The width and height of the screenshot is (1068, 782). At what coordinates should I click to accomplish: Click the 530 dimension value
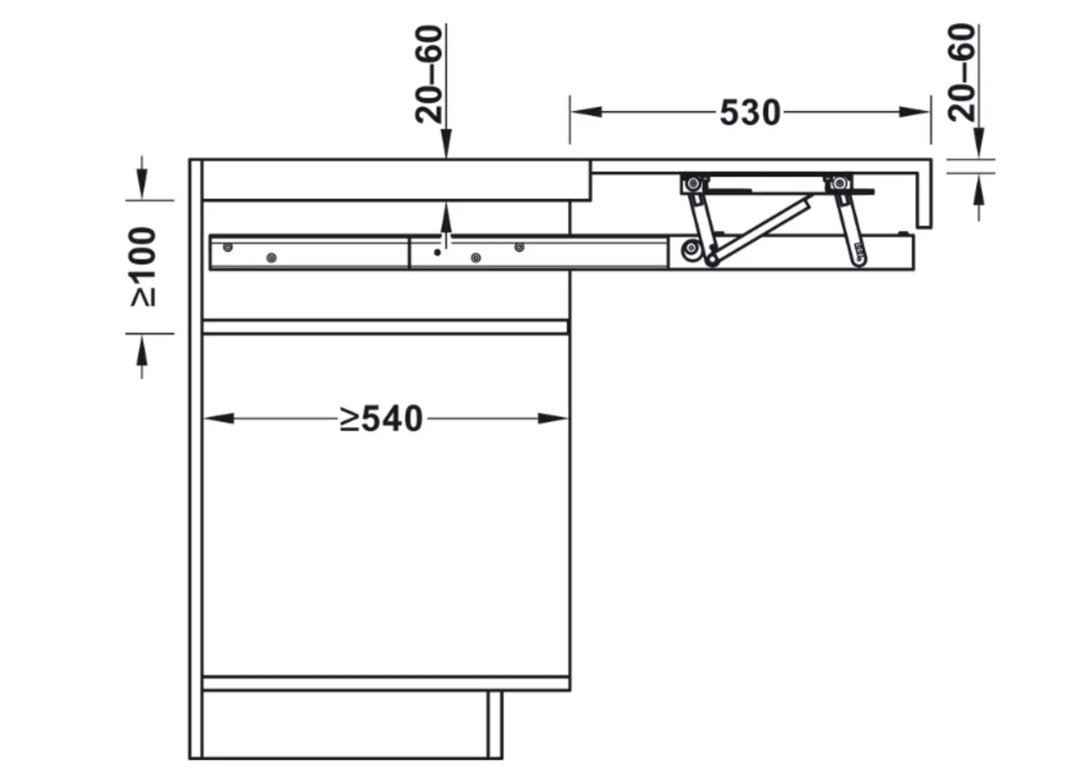[750, 113]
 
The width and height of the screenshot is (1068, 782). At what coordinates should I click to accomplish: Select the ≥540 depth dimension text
[382, 419]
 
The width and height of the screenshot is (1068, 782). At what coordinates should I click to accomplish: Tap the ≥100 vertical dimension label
[144, 267]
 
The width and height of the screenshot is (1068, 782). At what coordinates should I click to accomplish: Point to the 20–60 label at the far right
[962, 72]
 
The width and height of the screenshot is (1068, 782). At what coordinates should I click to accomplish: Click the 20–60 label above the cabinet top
[429, 73]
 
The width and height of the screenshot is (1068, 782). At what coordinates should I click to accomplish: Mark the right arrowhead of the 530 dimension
[914, 112]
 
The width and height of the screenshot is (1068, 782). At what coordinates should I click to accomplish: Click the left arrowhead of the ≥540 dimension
[219, 419]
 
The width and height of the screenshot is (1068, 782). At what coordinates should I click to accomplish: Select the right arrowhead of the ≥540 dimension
[553, 419]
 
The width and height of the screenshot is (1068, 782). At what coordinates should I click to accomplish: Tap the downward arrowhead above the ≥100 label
[142, 184]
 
